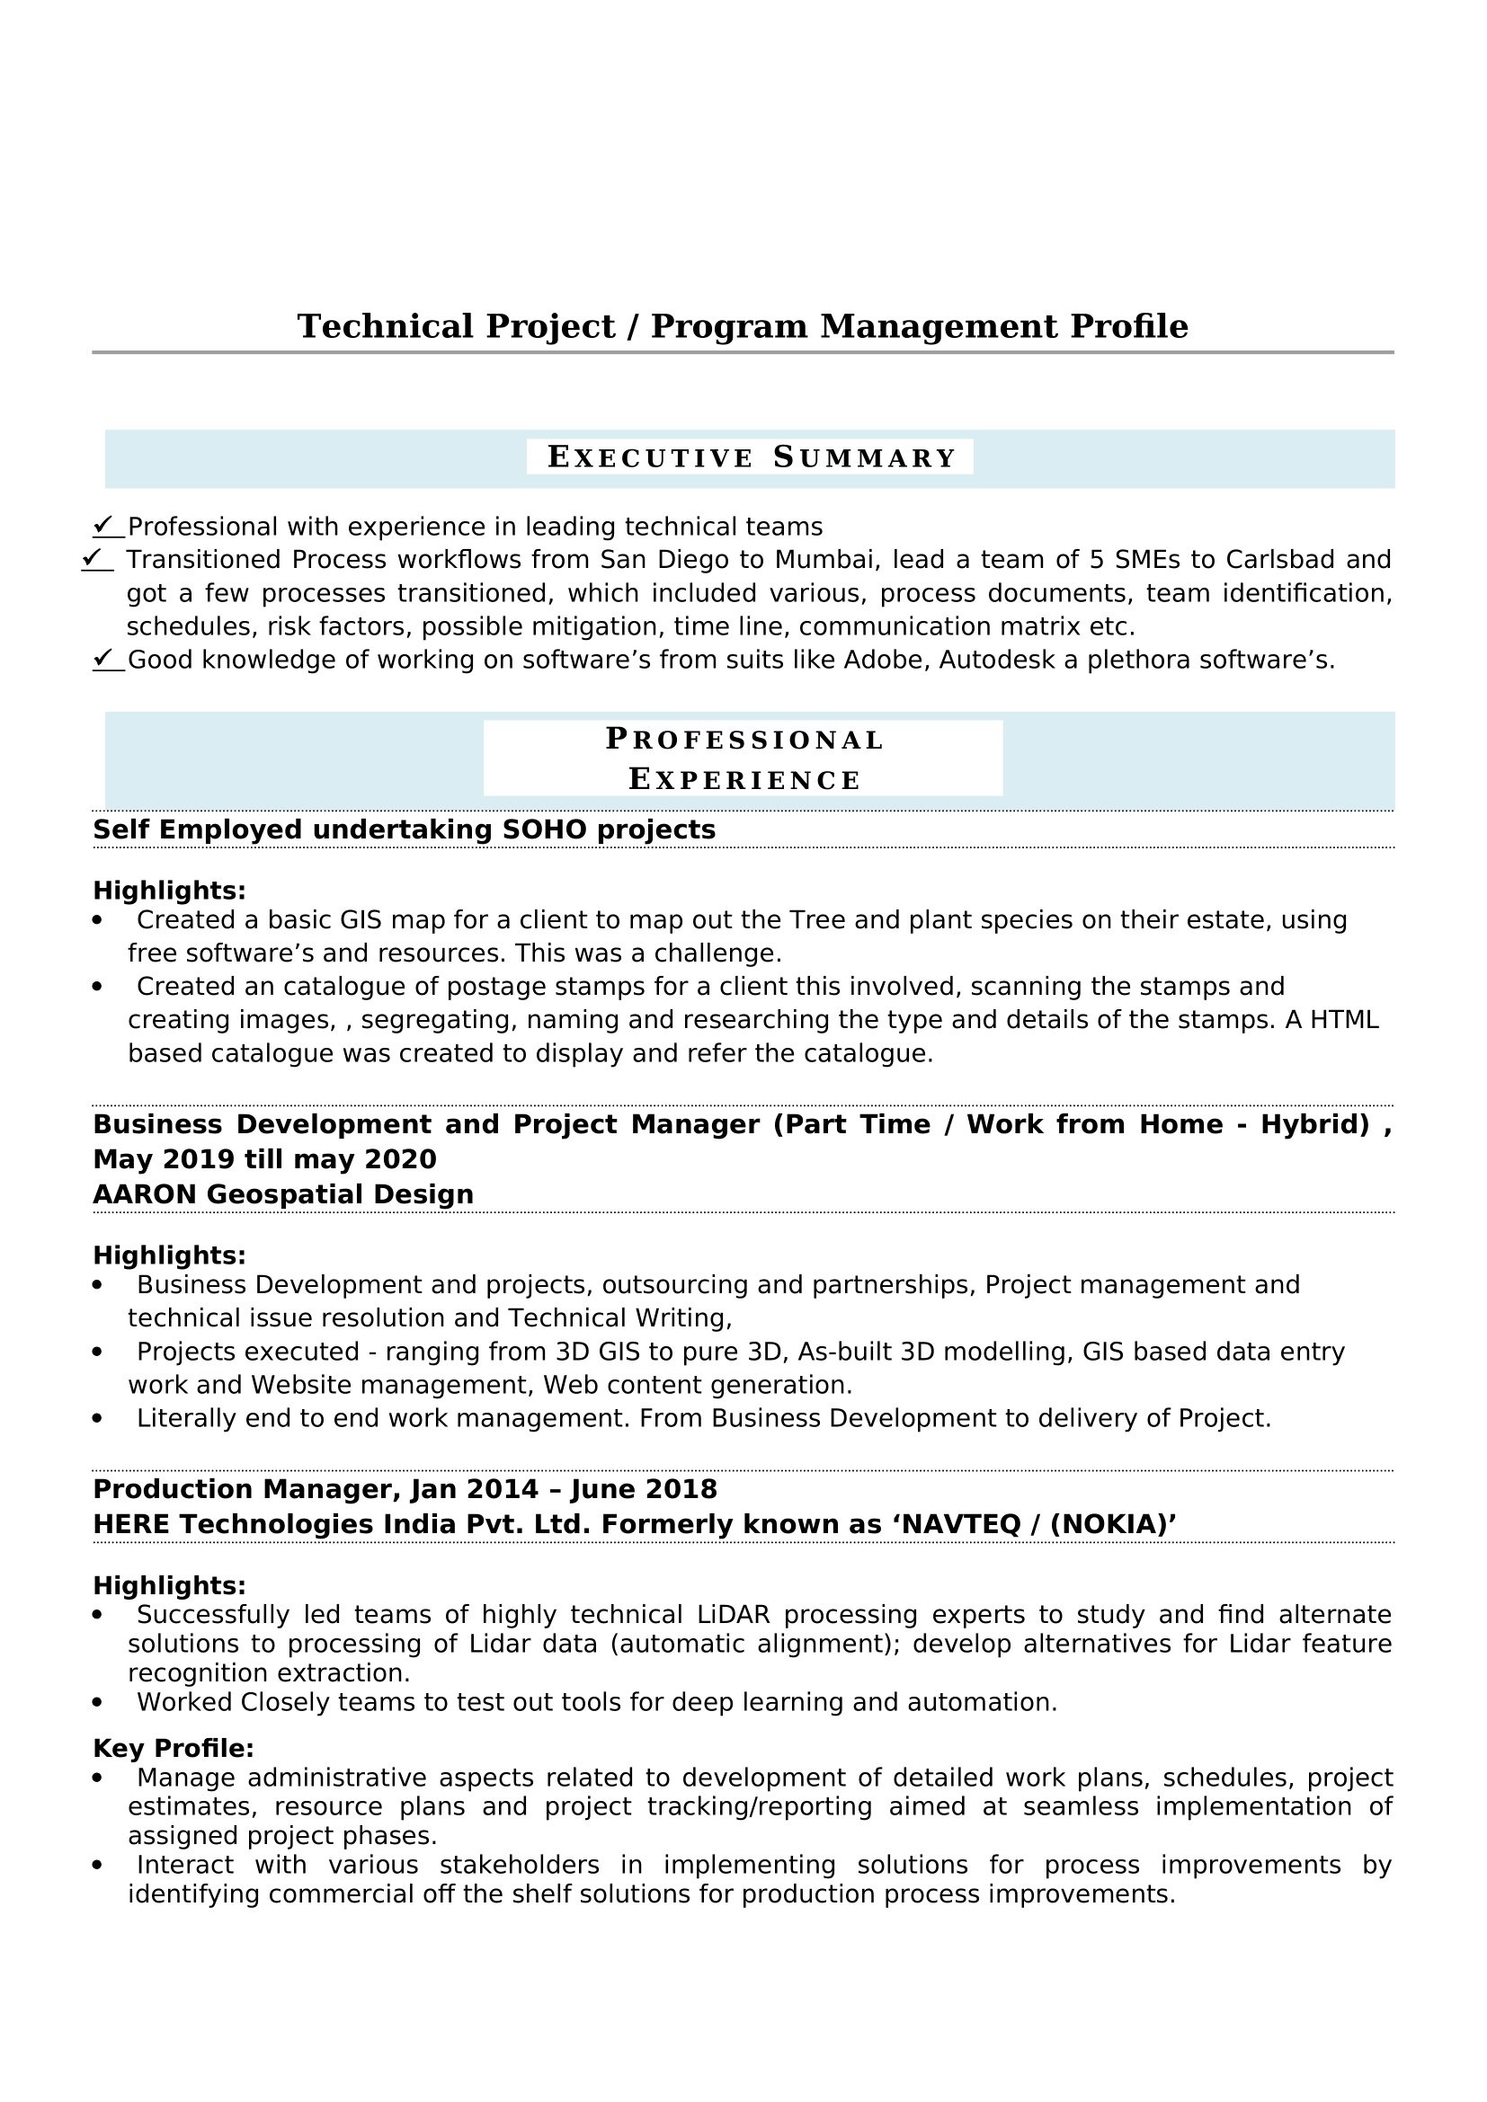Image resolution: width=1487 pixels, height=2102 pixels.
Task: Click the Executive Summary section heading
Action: coord(750,457)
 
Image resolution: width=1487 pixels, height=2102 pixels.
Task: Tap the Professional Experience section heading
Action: coord(743,759)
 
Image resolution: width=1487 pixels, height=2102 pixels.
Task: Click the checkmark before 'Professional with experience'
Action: coord(104,526)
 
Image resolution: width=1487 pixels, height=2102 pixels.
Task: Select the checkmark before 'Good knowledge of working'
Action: coord(104,658)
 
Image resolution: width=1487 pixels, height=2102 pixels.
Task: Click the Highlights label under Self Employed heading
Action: coord(169,890)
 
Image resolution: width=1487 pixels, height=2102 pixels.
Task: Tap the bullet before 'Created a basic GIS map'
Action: coord(98,920)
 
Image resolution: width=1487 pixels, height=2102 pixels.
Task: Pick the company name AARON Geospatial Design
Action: coord(283,1193)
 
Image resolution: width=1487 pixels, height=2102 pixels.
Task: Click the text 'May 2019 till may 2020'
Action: coord(264,1159)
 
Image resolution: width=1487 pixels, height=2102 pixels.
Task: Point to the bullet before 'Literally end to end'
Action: coord(98,1418)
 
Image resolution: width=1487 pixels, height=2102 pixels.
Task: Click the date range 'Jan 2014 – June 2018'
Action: coord(564,1488)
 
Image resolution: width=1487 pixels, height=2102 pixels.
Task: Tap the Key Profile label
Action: coord(173,1748)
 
